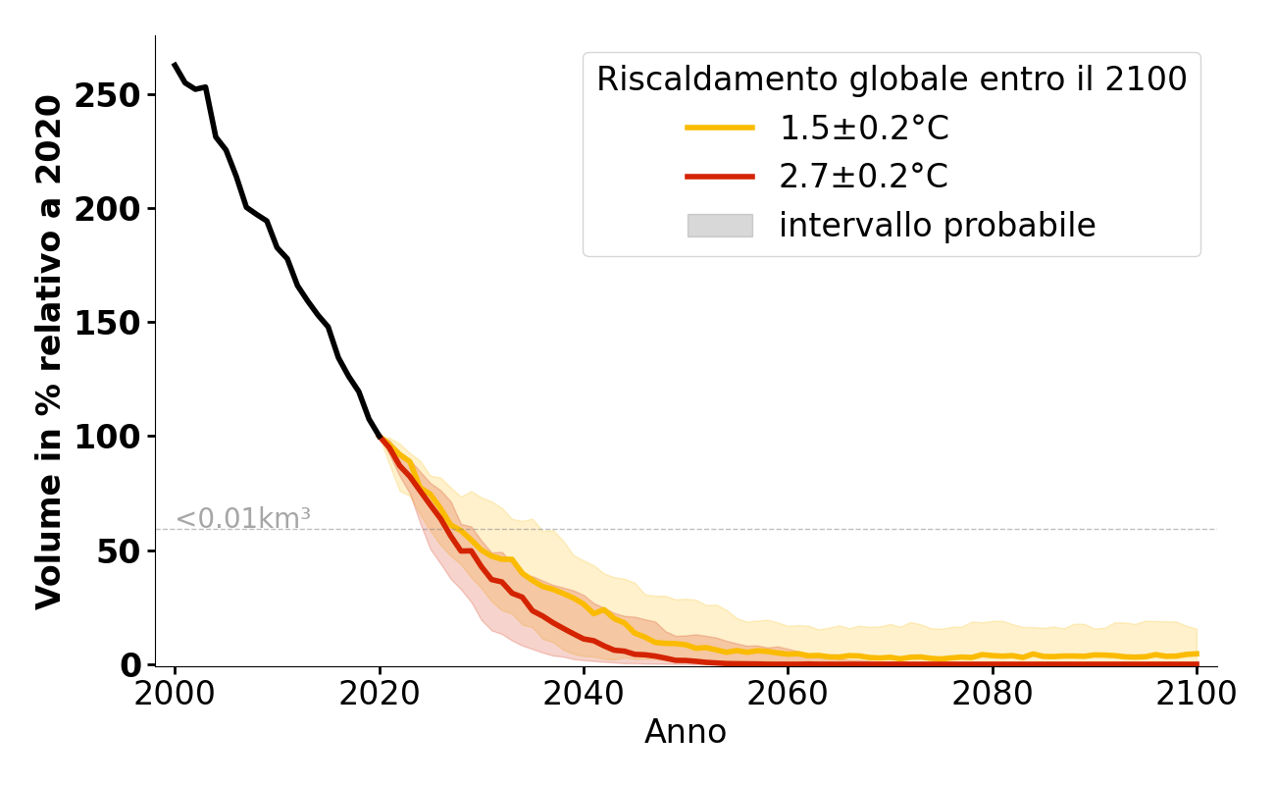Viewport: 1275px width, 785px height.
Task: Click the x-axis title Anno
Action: coord(686,732)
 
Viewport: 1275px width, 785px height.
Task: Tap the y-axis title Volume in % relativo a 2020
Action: coord(49,351)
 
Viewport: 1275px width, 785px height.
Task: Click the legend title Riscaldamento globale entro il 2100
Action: coord(892,79)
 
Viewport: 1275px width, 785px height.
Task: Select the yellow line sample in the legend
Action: coord(720,128)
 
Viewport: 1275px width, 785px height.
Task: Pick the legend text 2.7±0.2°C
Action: coord(863,177)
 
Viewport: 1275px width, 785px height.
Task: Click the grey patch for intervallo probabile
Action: coord(720,226)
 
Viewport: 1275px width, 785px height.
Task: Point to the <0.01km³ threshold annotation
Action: coord(243,519)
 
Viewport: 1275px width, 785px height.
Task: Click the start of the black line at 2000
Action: coord(175,65)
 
